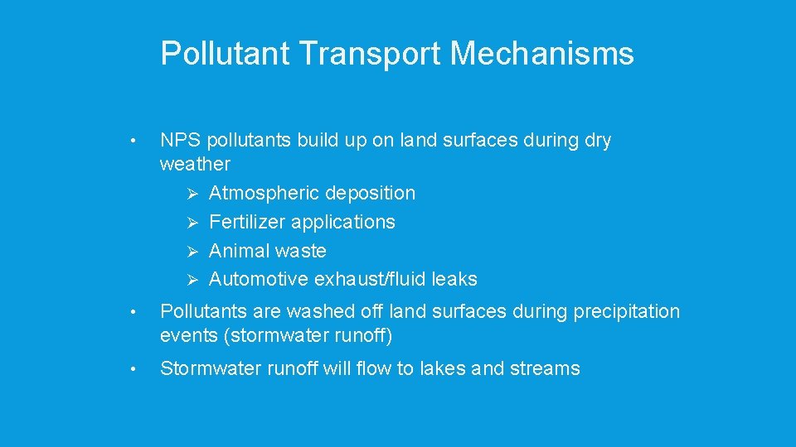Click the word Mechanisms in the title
point(542,54)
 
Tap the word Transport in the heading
point(371,54)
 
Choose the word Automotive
point(258,280)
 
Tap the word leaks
point(454,280)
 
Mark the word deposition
point(370,193)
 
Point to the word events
point(187,337)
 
